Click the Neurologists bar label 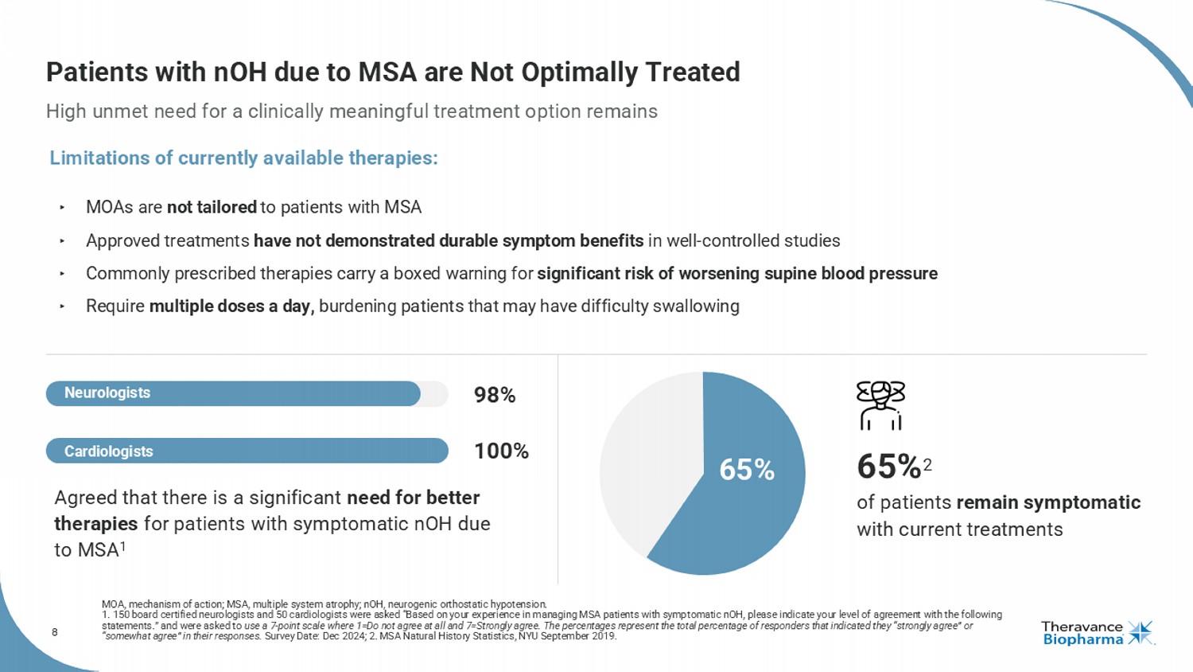pos(107,393)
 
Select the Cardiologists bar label pos(109,451)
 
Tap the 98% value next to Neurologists pos(495,395)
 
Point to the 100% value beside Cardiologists pos(501,451)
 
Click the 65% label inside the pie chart pos(747,470)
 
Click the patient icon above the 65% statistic pos(880,405)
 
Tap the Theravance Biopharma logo pos(1097,633)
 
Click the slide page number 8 pos(55,632)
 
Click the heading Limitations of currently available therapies pos(243,158)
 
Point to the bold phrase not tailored pos(212,208)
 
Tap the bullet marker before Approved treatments pos(62,240)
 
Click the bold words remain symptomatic pos(1048,503)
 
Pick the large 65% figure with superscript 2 pos(891,467)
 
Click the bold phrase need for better pos(413,498)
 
